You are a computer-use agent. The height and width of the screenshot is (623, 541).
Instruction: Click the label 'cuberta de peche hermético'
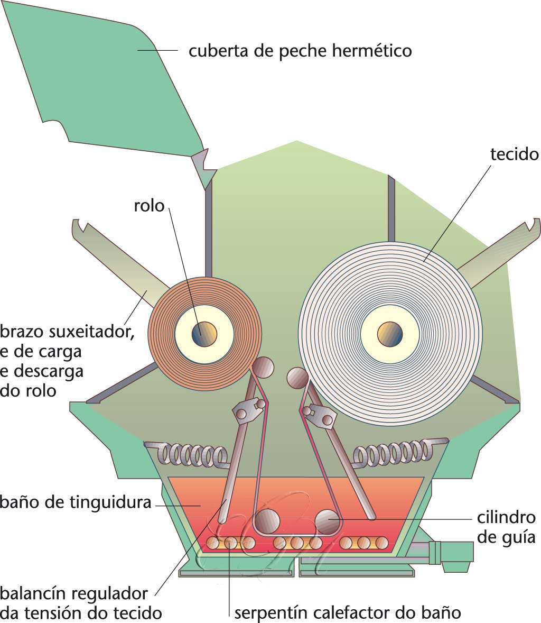pos(300,51)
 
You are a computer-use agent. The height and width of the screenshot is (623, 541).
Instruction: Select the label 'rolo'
pos(150,205)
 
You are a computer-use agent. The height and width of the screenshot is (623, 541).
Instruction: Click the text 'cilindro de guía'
pos(507,527)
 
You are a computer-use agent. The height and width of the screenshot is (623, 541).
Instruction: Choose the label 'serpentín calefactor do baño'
pos(348,612)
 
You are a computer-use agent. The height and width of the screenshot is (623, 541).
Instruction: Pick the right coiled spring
pos(391,453)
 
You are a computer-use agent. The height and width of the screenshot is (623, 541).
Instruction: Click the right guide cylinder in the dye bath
pos(328,521)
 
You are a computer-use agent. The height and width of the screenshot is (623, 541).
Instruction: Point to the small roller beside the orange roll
pos(263,367)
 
